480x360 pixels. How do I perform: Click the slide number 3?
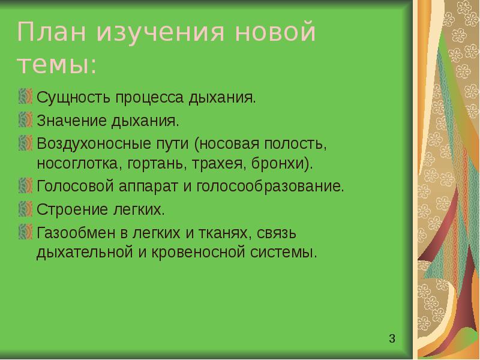(x=392, y=340)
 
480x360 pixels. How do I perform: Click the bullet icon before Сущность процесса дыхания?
(x=25, y=96)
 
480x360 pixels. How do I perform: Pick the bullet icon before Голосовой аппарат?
(x=25, y=186)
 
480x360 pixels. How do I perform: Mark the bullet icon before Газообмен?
(x=25, y=231)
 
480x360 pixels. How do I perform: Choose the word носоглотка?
(x=73, y=163)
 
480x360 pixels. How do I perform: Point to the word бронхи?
(x=282, y=163)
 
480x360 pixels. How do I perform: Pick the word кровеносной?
(x=197, y=252)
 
